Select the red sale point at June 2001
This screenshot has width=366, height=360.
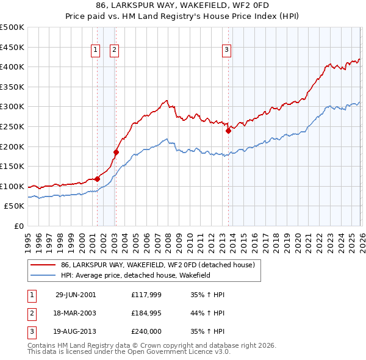[98, 179]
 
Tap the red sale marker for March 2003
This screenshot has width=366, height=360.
[116, 152]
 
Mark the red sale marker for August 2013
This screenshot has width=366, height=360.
[228, 130]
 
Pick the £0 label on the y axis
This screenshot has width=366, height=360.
[18, 226]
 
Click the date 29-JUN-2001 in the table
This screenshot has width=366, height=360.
[75, 294]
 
